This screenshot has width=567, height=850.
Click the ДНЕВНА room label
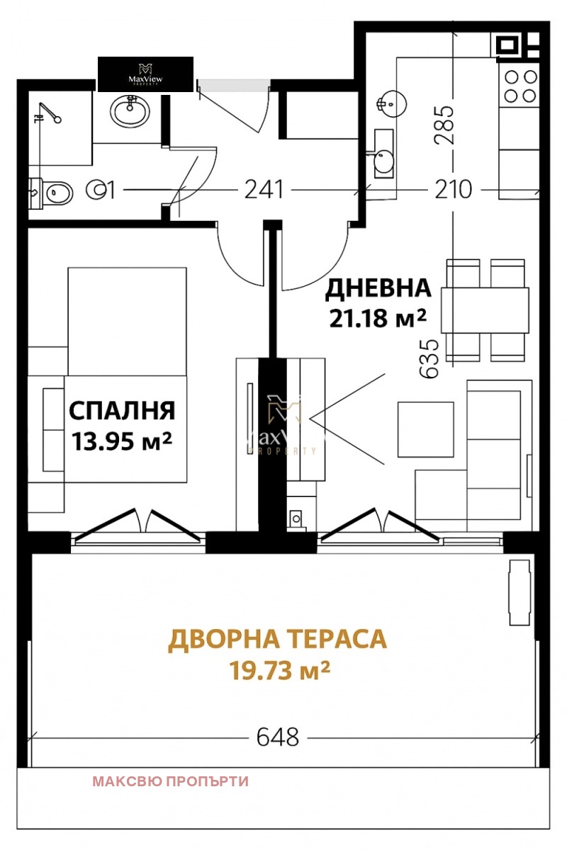point(378,288)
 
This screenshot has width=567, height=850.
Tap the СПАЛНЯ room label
point(122,410)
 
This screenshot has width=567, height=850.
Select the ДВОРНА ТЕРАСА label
point(277,639)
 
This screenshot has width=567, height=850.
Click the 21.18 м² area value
point(378,318)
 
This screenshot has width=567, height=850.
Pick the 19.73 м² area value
point(280,669)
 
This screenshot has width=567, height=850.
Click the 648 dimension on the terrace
point(277,737)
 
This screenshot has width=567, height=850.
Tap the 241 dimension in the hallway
point(264,190)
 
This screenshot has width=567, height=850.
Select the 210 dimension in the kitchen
point(452,190)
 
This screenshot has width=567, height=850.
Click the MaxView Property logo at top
point(145,74)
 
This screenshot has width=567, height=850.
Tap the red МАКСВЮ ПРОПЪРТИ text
point(170,782)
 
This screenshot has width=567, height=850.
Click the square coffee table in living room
point(425,429)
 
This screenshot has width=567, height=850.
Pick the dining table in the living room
point(485,310)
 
